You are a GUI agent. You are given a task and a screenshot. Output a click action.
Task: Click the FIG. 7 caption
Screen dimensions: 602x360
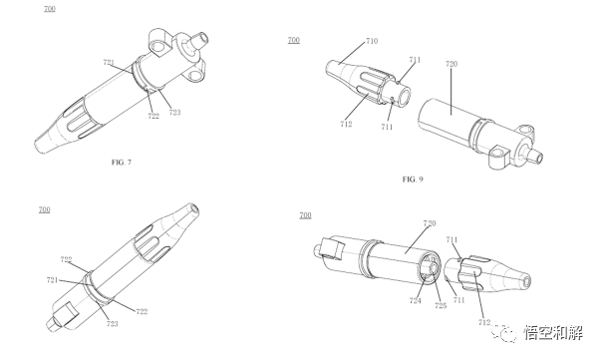point(122,163)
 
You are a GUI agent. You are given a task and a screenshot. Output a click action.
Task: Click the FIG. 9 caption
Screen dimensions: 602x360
point(413,180)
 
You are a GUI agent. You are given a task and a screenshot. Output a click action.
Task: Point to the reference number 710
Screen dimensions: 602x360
point(372,41)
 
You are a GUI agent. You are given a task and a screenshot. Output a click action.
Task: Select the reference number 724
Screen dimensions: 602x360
point(415,301)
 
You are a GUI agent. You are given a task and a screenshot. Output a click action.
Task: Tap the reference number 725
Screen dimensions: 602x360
point(441,305)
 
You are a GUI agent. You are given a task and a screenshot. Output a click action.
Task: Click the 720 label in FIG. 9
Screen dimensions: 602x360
point(451,64)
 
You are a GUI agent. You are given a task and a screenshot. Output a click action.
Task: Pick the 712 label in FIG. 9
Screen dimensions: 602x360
point(346,124)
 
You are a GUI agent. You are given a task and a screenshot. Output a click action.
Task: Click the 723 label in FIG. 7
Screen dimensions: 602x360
point(174,112)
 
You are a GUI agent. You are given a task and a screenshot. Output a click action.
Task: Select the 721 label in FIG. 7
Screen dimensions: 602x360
point(109,62)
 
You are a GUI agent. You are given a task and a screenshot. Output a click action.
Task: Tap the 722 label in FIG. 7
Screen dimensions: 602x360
point(153,116)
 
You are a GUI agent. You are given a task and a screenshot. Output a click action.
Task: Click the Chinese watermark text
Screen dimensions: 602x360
point(553,333)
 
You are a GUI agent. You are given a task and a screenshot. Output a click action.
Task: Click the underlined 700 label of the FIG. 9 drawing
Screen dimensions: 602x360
point(294,40)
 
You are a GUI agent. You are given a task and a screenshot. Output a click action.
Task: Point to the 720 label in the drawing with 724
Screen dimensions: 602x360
point(430,223)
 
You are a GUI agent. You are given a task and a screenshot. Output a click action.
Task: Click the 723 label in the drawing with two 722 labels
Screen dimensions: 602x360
point(112,324)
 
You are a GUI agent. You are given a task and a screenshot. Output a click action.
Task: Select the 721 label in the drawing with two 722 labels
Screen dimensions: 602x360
point(52,280)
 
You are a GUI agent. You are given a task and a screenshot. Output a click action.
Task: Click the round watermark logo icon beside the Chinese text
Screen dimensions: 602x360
point(506,333)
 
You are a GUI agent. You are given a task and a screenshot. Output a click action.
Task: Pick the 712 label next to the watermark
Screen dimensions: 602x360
point(484,322)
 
